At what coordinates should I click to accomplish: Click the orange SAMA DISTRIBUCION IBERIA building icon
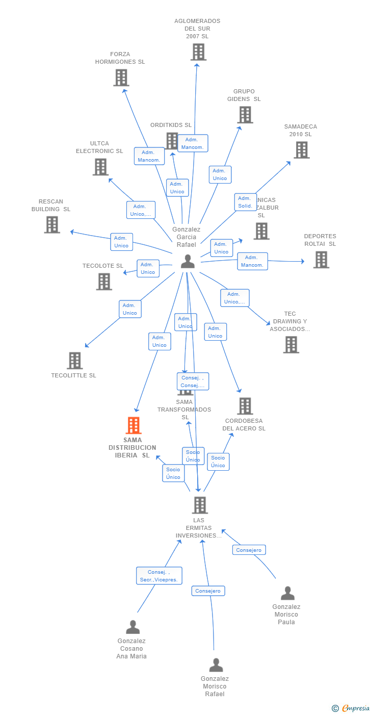[134, 425]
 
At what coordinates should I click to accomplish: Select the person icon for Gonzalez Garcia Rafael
[188, 261]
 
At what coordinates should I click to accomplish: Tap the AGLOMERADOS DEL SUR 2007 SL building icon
[198, 52]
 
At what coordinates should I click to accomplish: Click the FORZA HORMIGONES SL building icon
[121, 78]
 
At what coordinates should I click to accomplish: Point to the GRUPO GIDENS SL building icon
[245, 115]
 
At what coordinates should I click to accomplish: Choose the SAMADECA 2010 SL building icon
[301, 150]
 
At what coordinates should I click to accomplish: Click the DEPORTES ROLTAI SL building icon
[321, 260]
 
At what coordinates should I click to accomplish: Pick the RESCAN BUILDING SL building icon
[52, 225]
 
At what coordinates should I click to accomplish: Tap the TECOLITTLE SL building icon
[74, 361]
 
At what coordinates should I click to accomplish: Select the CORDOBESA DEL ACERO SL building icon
[245, 406]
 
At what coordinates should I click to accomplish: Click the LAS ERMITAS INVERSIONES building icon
[200, 505]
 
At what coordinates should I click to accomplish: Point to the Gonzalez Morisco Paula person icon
[287, 593]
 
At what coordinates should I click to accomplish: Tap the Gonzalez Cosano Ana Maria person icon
[132, 627]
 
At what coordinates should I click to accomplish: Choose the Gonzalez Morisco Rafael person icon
[216, 665]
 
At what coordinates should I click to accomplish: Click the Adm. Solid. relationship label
[245, 202]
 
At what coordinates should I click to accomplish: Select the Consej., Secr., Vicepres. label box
[159, 576]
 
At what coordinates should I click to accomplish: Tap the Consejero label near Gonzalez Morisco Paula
[249, 550]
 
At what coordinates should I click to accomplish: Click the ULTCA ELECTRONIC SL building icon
[100, 167]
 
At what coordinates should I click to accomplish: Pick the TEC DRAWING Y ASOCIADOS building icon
[291, 345]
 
